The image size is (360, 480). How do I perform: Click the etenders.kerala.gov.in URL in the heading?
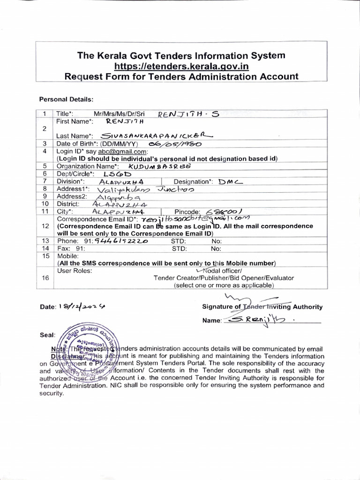[x=181, y=66]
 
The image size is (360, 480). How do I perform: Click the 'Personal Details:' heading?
[x=66, y=99]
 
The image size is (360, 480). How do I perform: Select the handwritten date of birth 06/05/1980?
[x=173, y=144]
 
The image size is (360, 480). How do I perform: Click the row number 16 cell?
[x=45, y=278]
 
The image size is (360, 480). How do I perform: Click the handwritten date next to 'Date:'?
[x=82, y=306]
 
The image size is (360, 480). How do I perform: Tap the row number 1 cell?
[x=45, y=114]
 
